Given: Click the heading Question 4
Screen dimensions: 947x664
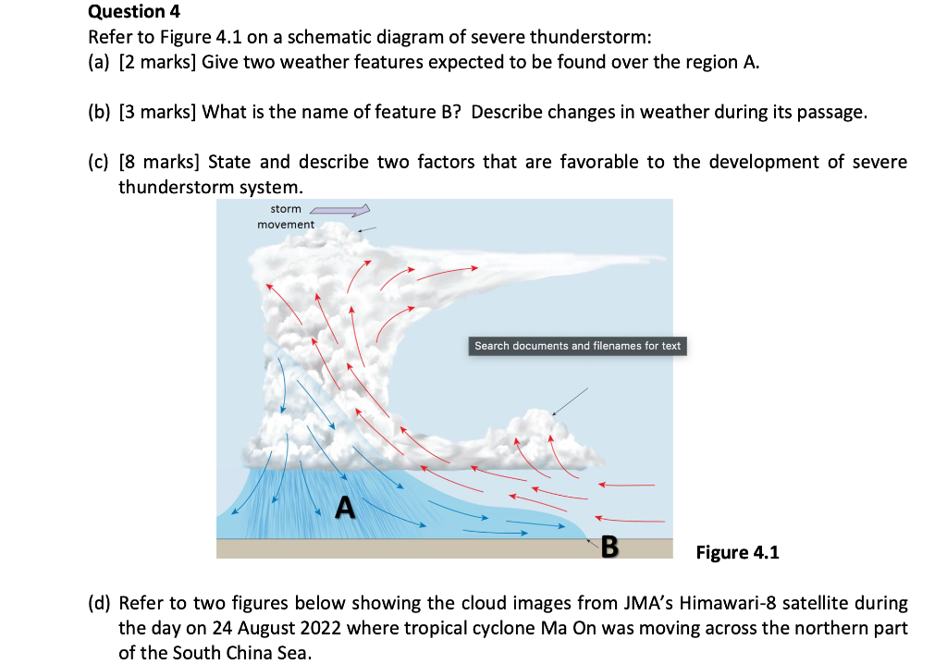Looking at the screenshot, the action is tap(134, 12).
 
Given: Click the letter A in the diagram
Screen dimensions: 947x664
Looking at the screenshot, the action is tap(345, 506).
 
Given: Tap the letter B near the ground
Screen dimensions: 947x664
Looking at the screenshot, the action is tap(609, 546).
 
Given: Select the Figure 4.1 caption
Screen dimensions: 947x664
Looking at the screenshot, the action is tap(737, 552).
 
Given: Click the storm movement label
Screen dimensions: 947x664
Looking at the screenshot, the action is tap(286, 216).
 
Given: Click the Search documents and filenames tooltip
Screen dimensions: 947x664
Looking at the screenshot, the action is tap(577, 346).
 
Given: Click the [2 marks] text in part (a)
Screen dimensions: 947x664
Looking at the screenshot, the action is tap(158, 62).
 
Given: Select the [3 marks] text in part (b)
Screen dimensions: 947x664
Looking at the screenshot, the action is tap(158, 113).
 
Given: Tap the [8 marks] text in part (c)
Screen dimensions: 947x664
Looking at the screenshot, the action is tap(160, 162).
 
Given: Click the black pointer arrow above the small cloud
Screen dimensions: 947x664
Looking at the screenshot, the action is tap(569, 401).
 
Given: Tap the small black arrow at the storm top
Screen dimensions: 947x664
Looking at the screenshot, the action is tap(367, 228).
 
